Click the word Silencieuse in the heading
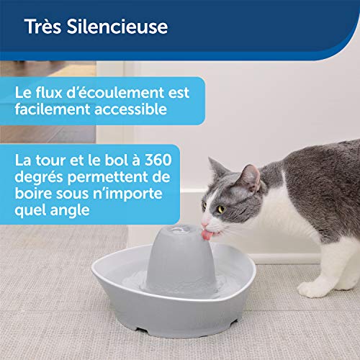coord(117,26)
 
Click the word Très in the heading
coord(42,26)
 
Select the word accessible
coord(130,109)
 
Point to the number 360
coord(158,160)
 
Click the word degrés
coord(39,178)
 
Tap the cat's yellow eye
coord(221,209)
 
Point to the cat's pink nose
coord(204,225)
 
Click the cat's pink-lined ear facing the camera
coord(250,178)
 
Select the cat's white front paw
coord(310,289)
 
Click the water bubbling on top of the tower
coord(178,230)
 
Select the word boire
coord(33,193)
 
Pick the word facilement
coord(53,109)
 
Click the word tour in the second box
coord(50,161)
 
